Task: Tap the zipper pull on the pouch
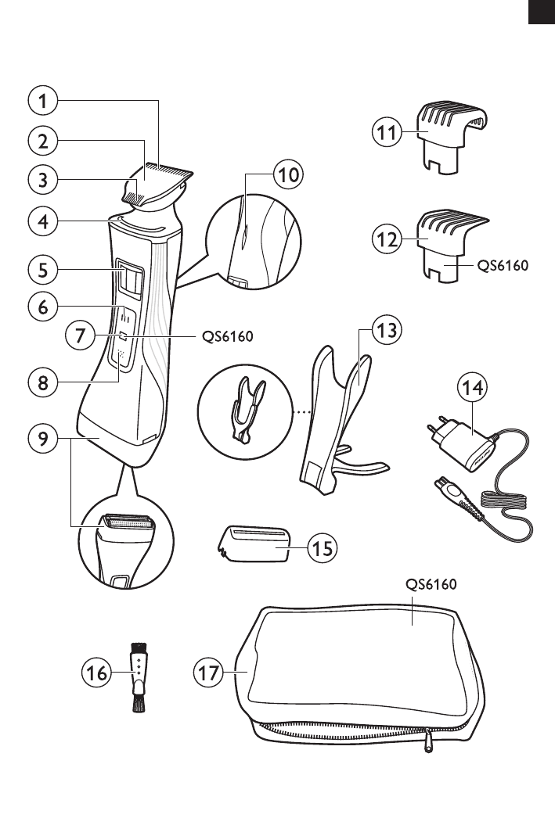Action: pyautogui.click(x=428, y=742)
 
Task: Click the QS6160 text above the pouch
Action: pyautogui.click(x=431, y=584)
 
